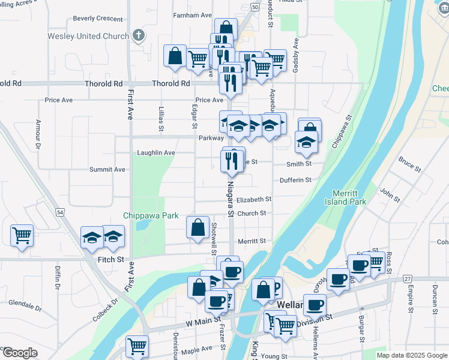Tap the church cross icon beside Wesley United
[138, 35]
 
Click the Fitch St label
[110, 260]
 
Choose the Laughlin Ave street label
[155, 153]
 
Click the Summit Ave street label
[107, 170]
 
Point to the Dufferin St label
[295, 180]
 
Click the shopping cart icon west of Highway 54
[22, 235]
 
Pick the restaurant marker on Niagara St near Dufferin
[232, 161]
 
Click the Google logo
[19, 353]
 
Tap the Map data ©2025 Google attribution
[411, 355]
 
